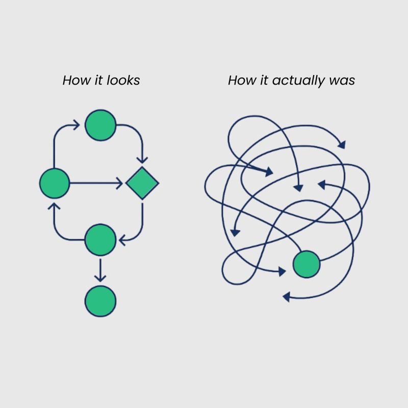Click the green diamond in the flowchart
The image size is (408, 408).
(x=142, y=183)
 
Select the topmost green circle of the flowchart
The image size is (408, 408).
(x=100, y=125)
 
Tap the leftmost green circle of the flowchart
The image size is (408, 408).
(x=55, y=183)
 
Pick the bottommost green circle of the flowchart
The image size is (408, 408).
(x=100, y=301)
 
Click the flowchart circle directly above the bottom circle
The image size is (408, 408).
(x=100, y=240)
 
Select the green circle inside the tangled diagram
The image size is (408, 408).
(x=307, y=264)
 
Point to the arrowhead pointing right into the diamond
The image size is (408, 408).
(x=119, y=183)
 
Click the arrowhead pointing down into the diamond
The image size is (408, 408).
(x=142, y=159)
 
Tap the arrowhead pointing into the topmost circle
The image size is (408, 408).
(x=76, y=125)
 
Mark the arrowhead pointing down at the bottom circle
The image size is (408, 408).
(x=100, y=278)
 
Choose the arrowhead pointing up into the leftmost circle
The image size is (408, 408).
(x=55, y=206)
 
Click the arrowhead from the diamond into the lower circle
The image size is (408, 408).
(x=122, y=239)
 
